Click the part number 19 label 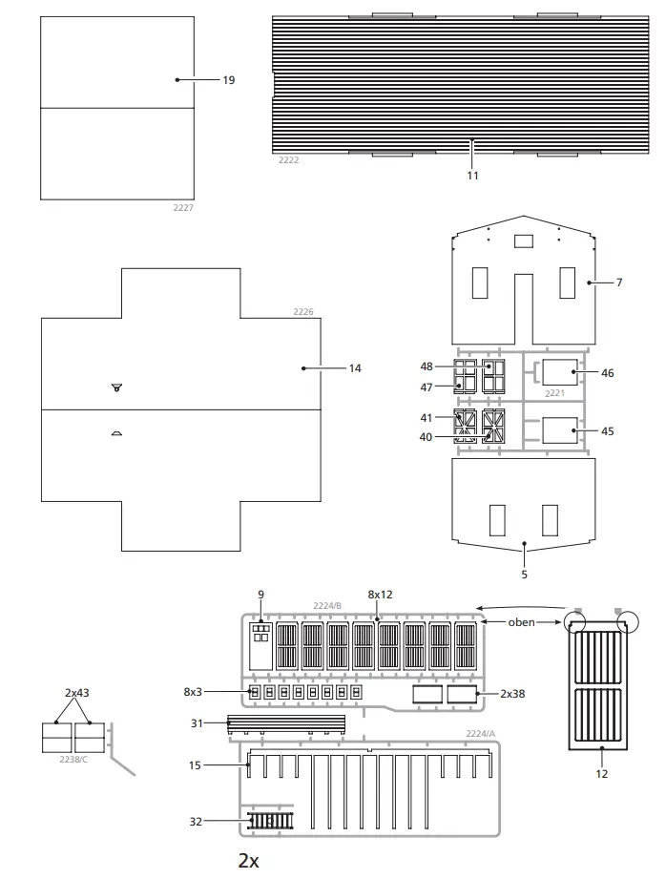coord(228,81)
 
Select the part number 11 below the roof coord(472,176)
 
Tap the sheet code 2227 coord(183,207)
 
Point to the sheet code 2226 coord(303,311)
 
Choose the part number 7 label coord(618,283)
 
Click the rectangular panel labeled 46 coord(560,372)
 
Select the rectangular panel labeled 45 coord(560,431)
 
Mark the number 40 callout coord(426,437)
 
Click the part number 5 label coord(525,575)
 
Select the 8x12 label coord(380,595)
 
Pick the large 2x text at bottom coord(249,861)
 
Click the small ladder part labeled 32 coord(273,820)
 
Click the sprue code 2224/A coord(481,734)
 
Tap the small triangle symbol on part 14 coord(116,387)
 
